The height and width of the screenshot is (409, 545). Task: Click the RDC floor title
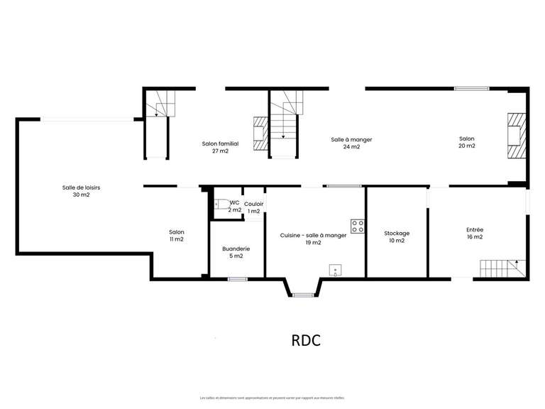(306, 340)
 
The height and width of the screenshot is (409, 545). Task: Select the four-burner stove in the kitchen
(358, 227)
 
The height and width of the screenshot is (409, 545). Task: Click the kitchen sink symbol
(335, 270)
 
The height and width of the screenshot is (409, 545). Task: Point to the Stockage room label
(397, 236)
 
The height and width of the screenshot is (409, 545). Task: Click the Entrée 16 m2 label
(475, 233)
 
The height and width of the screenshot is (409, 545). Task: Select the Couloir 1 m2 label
(253, 207)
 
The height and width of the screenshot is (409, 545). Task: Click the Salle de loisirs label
(81, 191)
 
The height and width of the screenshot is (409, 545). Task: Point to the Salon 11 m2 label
(176, 236)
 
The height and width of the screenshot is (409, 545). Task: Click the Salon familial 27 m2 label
(220, 147)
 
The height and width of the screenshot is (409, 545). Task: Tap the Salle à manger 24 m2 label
(351, 143)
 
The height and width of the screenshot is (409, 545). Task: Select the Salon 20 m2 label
(466, 142)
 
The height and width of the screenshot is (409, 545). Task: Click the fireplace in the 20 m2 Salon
(516, 135)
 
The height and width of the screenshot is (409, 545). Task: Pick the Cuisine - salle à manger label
(314, 239)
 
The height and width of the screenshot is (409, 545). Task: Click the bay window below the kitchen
(303, 293)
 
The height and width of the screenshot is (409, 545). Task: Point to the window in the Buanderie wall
(237, 279)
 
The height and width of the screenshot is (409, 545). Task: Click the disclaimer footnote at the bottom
(272, 398)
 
